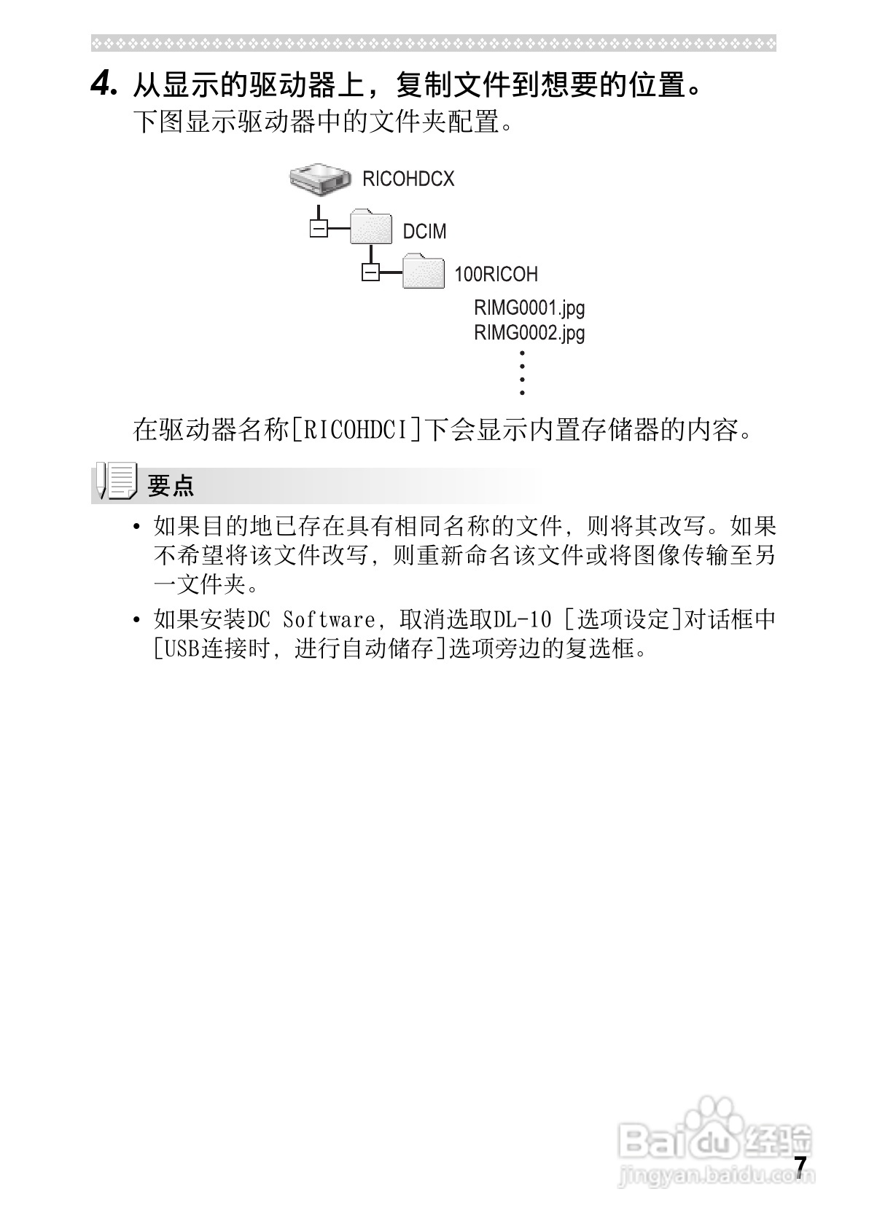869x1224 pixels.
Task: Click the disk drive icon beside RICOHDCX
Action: click(x=319, y=178)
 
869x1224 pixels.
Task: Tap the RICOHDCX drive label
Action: click(x=408, y=179)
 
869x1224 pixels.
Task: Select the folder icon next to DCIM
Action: click(x=372, y=228)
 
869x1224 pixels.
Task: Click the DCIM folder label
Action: click(x=424, y=232)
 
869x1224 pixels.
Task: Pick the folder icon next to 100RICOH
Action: click(x=424, y=271)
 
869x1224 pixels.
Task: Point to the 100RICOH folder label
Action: click(x=496, y=275)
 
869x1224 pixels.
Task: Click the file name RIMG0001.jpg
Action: click(x=529, y=308)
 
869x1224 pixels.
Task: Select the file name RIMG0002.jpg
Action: click(x=529, y=333)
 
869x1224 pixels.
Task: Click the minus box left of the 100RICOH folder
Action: click(x=370, y=272)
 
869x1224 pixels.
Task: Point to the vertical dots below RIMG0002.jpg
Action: click(x=522, y=372)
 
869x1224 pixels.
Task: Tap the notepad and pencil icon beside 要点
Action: click(x=117, y=481)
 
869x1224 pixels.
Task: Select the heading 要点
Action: click(x=171, y=485)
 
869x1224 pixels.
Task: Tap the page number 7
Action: click(x=800, y=1166)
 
